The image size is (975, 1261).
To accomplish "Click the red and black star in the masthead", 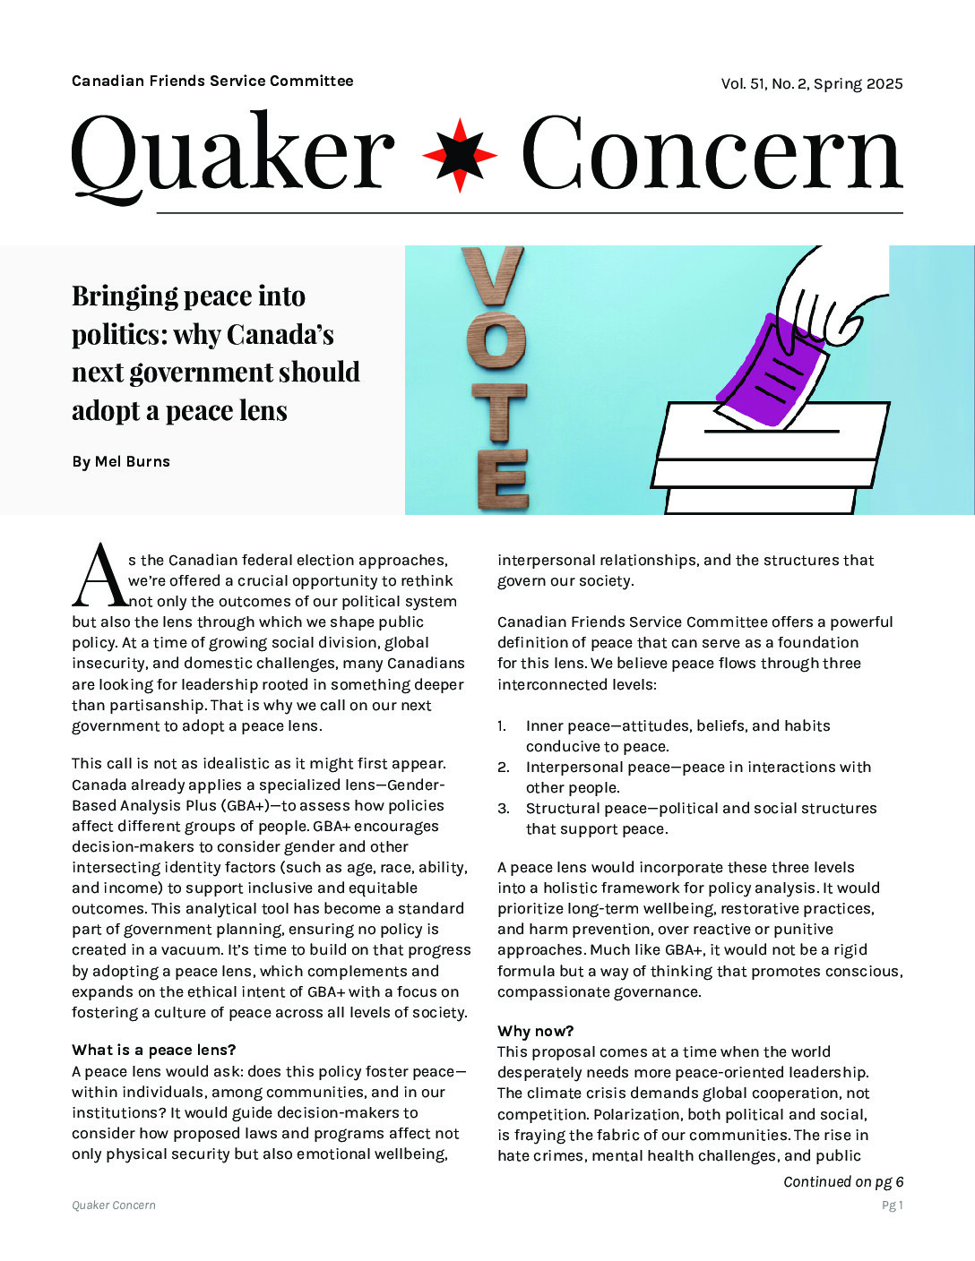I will coord(460,154).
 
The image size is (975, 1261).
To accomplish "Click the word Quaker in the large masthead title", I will coord(233,154).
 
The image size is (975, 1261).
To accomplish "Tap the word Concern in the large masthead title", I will coord(711,154).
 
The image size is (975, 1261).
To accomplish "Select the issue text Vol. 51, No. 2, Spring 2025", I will coord(811,83).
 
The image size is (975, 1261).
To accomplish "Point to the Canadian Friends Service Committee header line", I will coord(212,81).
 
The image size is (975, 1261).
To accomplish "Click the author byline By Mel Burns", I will coord(121,461).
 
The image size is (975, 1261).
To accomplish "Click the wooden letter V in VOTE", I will coord(492,277).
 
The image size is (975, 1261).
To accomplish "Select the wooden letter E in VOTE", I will coord(502,478).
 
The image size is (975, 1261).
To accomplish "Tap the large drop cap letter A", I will coord(99,575).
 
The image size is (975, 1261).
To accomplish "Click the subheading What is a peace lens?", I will coord(154,1050).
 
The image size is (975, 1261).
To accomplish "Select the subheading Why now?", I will coord(535,1031).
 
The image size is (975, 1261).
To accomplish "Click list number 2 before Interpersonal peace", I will coord(504,767).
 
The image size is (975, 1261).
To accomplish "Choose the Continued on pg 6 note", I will coord(842,1181).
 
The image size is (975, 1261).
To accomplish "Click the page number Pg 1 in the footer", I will coord(892,1205).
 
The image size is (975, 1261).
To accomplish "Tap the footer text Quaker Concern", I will coord(114,1205).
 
